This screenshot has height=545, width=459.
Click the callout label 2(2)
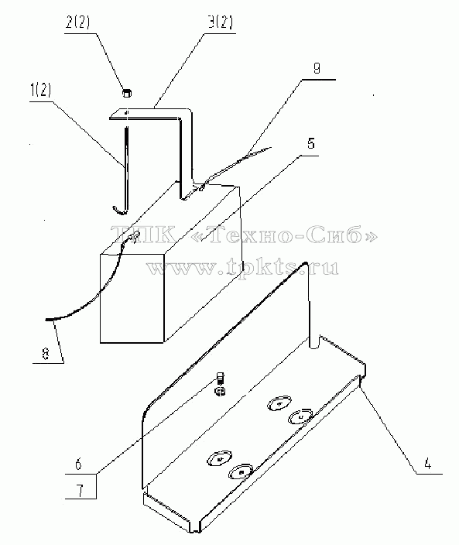(77, 23)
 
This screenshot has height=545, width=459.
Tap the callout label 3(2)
(221, 23)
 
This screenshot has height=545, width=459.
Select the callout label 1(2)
(41, 91)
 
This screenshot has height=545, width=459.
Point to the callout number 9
(317, 68)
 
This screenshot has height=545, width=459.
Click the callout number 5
(311, 143)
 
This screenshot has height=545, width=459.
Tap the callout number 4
(427, 464)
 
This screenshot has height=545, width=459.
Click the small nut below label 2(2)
(127, 93)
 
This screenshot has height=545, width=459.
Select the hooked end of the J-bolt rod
(119, 210)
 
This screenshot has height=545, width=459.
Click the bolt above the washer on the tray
(220, 378)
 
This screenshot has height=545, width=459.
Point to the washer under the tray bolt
(220, 392)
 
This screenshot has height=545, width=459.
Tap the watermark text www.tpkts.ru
(241, 268)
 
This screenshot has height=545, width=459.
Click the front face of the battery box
(132, 298)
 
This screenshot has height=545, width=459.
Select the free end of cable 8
(46, 319)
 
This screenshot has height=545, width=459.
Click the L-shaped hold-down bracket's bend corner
(187, 113)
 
